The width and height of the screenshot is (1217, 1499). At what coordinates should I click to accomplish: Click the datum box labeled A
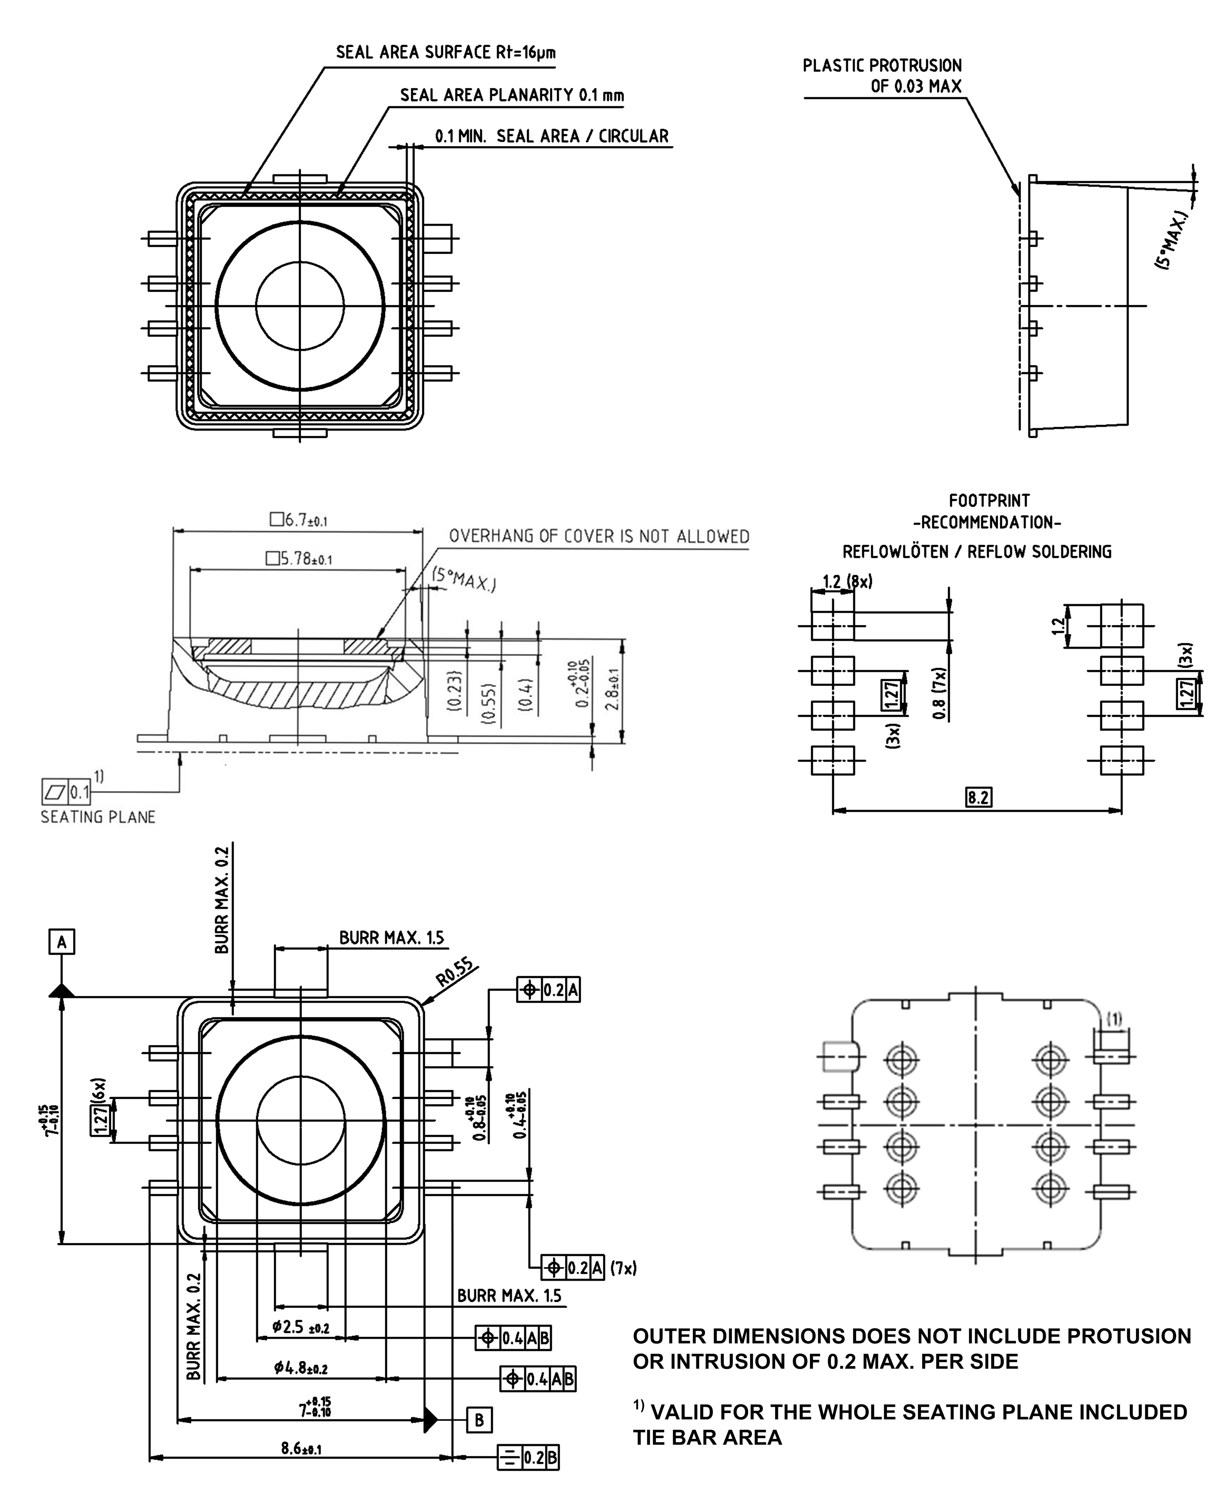[x=62, y=942]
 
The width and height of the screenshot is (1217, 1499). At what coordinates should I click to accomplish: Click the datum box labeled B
[x=480, y=1421]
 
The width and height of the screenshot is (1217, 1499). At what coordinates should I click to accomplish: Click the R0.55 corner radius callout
[x=454, y=973]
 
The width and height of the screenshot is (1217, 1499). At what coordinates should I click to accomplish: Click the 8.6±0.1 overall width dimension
[x=301, y=1448]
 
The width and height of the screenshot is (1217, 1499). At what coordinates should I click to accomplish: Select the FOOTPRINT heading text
[x=989, y=501]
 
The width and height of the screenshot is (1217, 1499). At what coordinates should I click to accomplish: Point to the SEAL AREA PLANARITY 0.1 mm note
[x=512, y=95]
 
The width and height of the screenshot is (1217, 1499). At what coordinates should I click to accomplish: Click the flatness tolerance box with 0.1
[x=66, y=792]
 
